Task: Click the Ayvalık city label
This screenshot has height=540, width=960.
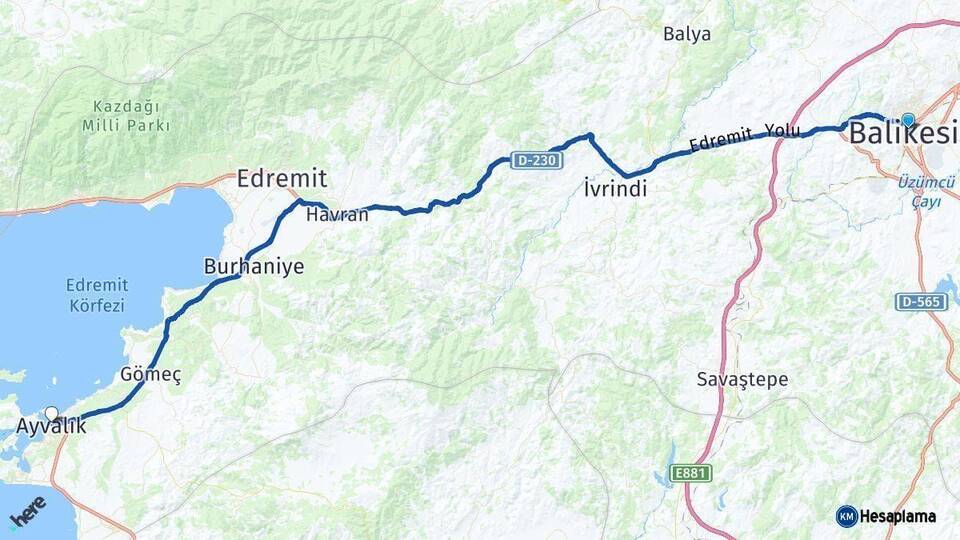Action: [x=51, y=427]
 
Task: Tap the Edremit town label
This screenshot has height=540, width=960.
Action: [x=282, y=179]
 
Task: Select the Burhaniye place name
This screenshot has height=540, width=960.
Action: [x=254, y=267]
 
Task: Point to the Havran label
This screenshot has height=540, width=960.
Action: [x=330, y=215]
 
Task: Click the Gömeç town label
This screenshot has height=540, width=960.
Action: [x=150, y=375]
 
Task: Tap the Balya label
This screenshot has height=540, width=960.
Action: [x=687, y=34]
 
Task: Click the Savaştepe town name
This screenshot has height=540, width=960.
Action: [x=742, y=380]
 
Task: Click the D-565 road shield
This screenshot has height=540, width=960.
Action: [x=921, y=302]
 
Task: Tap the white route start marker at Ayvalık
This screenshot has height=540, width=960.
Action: [x=52, y=413]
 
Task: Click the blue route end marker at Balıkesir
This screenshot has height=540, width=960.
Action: [x=907, y=120]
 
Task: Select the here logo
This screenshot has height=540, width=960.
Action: [x=27, y=510]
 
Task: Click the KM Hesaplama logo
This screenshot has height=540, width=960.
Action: [x=886, y=516]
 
